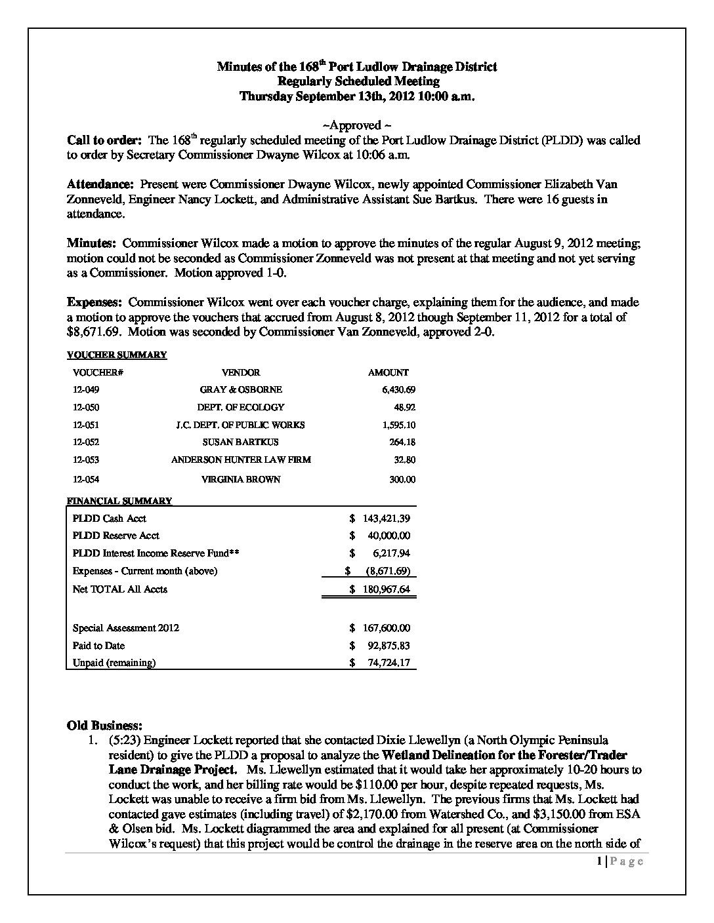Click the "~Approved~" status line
click(x=357, y=125)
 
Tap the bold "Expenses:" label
click(x=94, y=303)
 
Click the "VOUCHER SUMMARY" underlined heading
click(x=117, y=355)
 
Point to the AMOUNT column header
click(x=388, y=372)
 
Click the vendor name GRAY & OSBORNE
click(x=240, y=389)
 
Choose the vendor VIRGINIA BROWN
click(x=240, y=479)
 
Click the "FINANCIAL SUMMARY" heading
click(x=119, y=501)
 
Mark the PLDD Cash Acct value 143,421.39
click(x=387, y=519)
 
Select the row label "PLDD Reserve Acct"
click(x=116, y=536)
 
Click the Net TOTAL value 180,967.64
click(x=387, y=589)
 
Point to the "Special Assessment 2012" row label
click(x=126, y=628)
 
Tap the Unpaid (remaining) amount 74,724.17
click(x=389, y=663)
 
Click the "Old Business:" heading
click(x=104, y=726)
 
